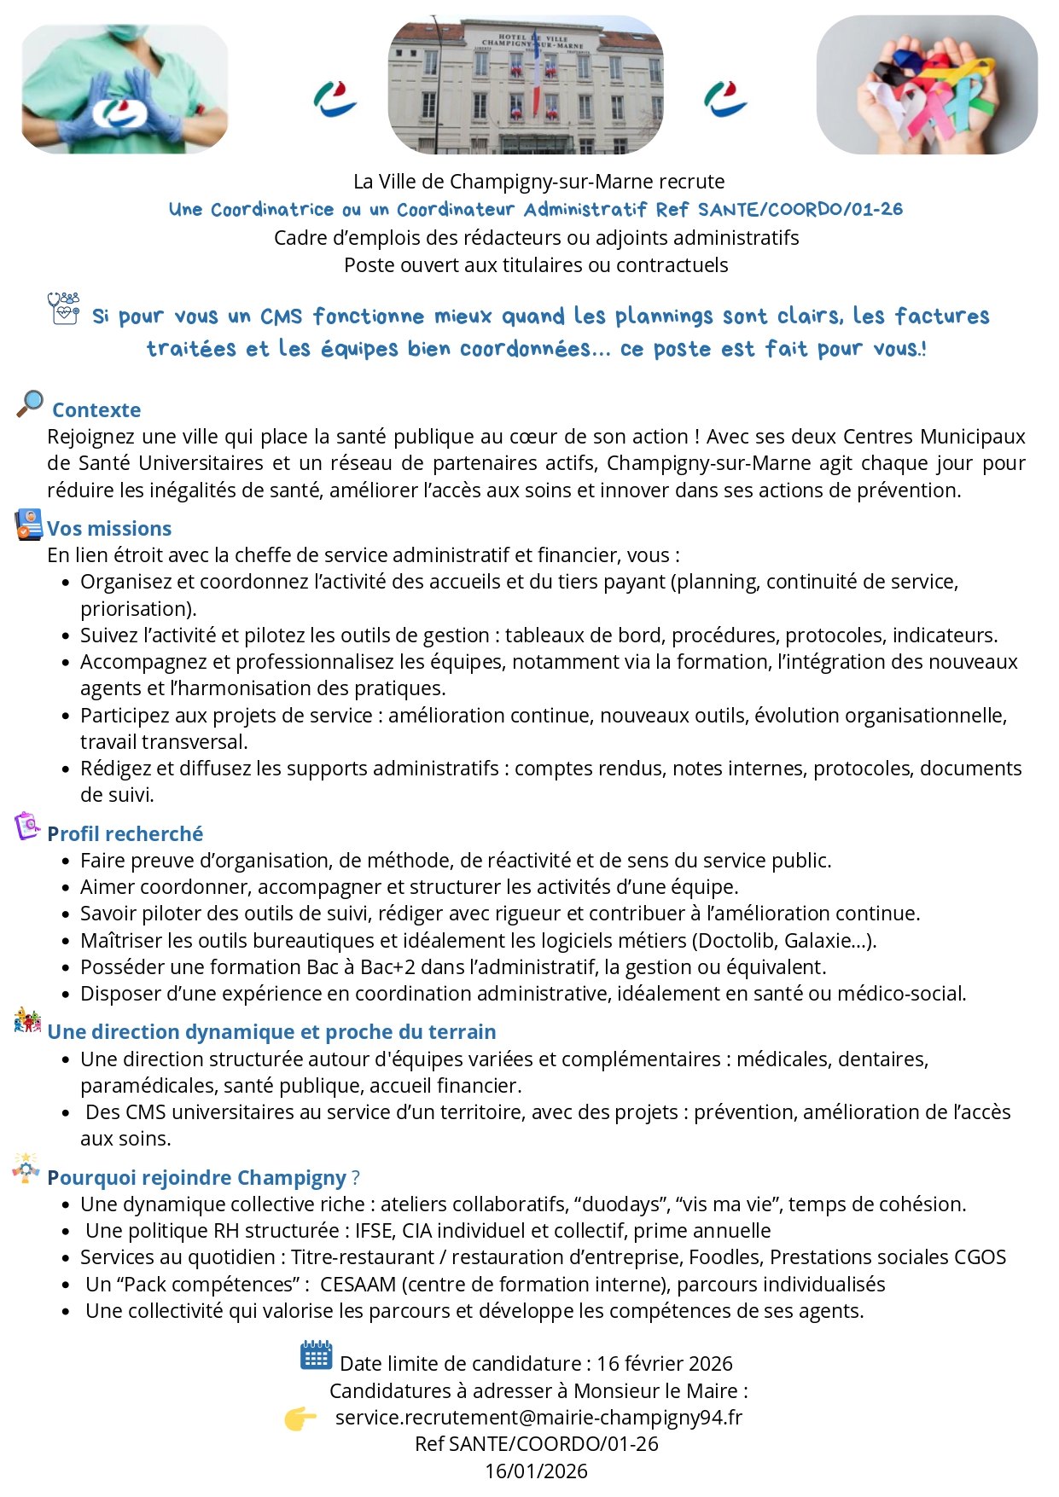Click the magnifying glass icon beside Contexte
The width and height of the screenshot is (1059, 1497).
click(x=30, y=403)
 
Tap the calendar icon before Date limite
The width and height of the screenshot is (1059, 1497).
click(x=316, y=1355)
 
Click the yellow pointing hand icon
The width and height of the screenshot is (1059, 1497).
click(x=300, y=1419)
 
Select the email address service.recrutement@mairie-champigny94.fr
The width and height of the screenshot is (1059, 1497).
click(x=538, y=1418)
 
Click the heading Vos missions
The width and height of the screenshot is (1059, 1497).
click(x=109, y=529)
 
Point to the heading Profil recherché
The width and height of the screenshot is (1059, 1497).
click(x=125, y=834)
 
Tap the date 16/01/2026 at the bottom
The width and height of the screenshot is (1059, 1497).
click(x=536, y=1471)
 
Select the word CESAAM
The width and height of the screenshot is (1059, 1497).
click(x=358, y=1285)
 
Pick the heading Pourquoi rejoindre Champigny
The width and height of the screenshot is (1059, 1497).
click(x=196, y=1178)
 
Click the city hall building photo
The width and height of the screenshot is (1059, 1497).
click(x=525, y=85)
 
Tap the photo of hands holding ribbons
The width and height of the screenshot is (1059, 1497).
click(x=927, y=85)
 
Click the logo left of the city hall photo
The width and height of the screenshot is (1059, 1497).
click(x=335, y=99)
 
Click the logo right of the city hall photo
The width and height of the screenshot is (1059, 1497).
click(x=725, y=99)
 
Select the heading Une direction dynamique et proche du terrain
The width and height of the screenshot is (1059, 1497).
click(x=271, y=1032)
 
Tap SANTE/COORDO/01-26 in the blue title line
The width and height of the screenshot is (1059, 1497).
click(x=800, y=210)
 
